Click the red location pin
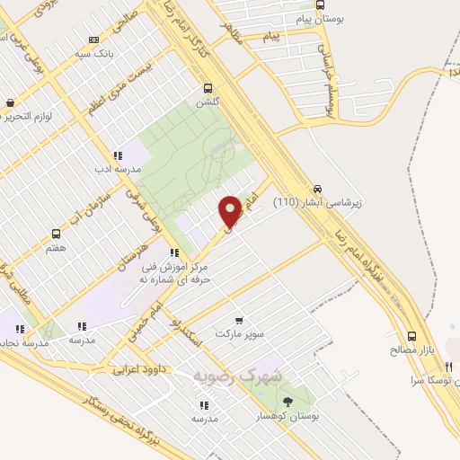point(230,210)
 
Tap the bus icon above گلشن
point(208,88)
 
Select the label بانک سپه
point(93,52)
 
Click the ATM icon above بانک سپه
point(93,40)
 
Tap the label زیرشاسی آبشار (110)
point(317,202)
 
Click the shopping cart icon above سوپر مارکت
point(239,321)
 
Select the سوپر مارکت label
point(239,333)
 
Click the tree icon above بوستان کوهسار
point(287,402)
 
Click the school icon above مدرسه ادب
point(118,155)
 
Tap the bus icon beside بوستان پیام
point(321,4)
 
